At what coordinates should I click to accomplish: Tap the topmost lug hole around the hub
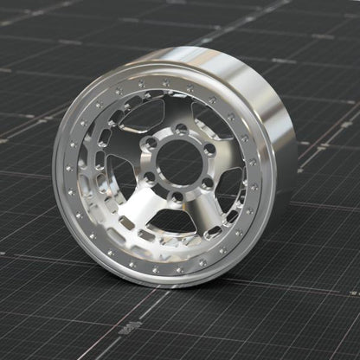point(179,130)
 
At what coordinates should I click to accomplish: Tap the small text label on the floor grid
point(130,326)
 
